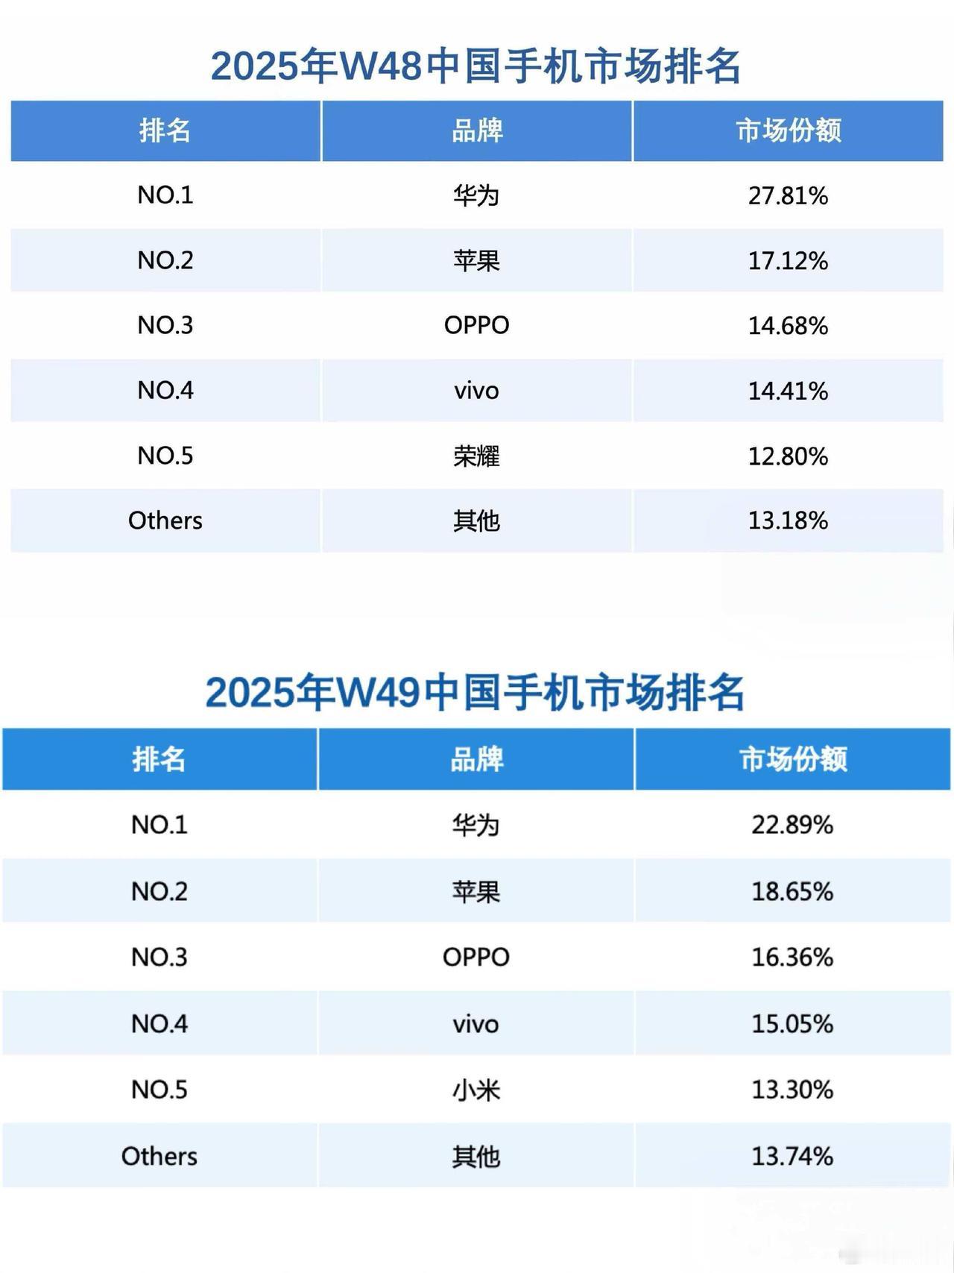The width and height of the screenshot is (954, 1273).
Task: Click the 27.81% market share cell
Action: pos(788,195)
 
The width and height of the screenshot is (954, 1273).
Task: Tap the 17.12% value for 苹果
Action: pos(788,260)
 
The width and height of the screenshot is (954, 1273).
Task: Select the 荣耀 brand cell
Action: pos(476,456)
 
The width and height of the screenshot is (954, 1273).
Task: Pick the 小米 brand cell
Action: pos(476,1090)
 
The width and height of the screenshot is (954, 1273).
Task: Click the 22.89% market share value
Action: pos(792,825)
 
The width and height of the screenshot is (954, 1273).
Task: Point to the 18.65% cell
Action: pos(792,891)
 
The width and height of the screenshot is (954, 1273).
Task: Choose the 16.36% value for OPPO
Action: pos(792,957)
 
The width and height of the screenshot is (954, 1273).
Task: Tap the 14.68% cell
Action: pos(788,325)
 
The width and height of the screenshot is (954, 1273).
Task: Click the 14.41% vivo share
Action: pos(788,391)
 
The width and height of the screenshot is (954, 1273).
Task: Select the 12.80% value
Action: pos(788,456)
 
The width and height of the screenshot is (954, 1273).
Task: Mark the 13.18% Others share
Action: pos(788,521)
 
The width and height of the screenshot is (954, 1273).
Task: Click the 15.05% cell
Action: pos(792,1023)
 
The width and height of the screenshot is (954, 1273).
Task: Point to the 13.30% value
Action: pos(792,1090)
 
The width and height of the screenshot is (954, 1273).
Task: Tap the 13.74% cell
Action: pos(792,1156)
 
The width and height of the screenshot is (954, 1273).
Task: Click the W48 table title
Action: pos(476,66)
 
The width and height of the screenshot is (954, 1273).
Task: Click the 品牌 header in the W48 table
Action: pos(477,131)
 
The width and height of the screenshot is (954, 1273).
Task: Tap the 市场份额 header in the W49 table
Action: pos(793,759)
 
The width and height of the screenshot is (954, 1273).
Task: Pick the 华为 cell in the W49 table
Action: pos(476,825)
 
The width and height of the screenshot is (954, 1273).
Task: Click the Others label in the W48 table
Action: pos(165,521)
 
